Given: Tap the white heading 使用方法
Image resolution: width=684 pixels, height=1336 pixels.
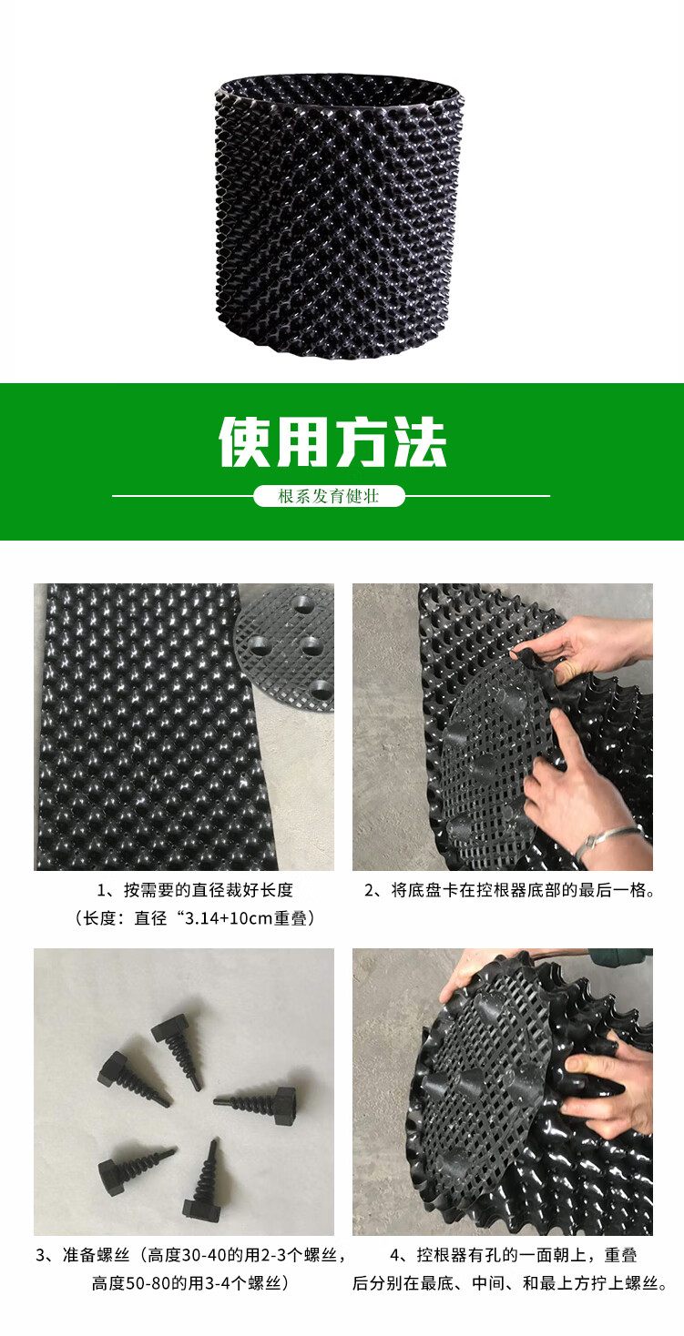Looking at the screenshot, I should [x=332, y=443].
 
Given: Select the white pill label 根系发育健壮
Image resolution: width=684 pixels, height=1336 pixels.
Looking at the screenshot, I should [x=329, y=497].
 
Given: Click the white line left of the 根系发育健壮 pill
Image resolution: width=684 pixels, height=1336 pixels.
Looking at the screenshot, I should [x=182, y=496].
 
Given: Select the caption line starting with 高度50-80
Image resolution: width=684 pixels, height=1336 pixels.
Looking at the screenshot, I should [x=190, y=1284].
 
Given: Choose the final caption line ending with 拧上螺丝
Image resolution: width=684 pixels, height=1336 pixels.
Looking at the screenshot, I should [x=510, y=1284].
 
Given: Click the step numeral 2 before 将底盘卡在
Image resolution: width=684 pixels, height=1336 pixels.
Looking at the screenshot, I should [x=370, y=891].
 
